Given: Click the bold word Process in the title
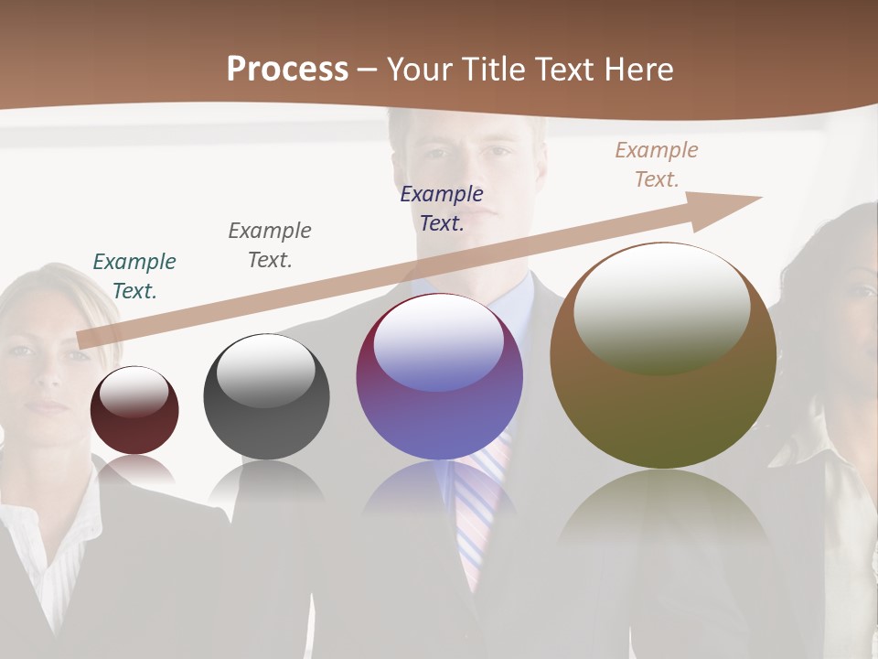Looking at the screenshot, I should [287, 70].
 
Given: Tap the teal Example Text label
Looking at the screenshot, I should [134, 276].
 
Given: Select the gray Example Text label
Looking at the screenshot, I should [270, 245].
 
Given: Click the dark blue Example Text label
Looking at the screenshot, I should [442, 209].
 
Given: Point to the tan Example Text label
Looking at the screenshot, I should [657, 165].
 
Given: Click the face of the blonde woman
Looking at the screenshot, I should [46, 357].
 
